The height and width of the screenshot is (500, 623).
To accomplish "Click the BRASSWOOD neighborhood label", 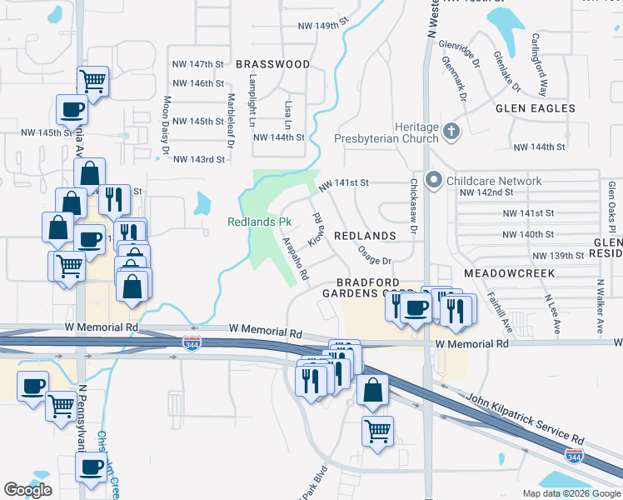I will coord(272,64).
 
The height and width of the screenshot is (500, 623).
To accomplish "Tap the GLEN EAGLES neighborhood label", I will coord(535,108).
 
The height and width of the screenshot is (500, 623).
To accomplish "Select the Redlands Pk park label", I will coord(260,222).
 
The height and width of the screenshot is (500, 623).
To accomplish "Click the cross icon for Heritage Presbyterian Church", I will coord(451,131).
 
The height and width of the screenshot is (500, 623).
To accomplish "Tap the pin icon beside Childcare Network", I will coord(433,180).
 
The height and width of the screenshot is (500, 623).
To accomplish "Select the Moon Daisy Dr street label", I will coord(166,126).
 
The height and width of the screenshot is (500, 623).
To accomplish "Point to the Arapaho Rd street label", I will coord(297,257).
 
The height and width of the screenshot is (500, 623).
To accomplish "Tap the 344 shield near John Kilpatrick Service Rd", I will coord(574,456).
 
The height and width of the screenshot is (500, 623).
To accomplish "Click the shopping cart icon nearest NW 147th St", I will coord(92,82).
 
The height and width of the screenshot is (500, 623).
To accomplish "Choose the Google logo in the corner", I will coord(27,490).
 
